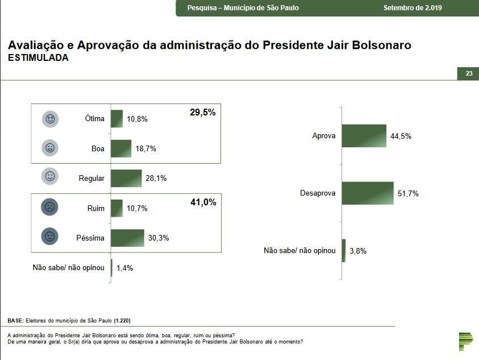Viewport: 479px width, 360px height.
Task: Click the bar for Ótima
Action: [x=117, y=119]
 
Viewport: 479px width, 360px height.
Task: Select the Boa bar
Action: [x=121, y=148]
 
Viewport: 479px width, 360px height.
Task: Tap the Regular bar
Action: [x=126, y=178]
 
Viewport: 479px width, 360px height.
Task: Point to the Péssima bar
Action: [x=128, y=238]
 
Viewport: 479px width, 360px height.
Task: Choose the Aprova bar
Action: [x=364, y=136]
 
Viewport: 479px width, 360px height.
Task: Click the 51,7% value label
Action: [x=408, y=194]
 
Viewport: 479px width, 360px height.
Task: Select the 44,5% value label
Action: [x=401, y=136]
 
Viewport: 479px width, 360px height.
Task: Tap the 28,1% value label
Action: [x=156, y=179]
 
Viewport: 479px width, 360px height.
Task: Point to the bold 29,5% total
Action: [x=202, y=113]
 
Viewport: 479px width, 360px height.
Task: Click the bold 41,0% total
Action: [x=202, y=202]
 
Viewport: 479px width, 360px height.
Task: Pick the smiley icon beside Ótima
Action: [x=50, y=119]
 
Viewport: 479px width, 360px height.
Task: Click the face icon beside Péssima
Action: [x=50, y=237]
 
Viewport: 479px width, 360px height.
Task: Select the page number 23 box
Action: [x=469, y=74]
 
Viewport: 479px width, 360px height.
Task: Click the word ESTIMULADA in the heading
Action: [x=38, y=58]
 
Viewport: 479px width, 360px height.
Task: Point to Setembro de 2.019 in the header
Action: [x=413, y=8]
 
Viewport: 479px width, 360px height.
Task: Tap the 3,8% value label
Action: [x=357, y=251]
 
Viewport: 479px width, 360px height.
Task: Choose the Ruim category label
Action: [x=96, y=208]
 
